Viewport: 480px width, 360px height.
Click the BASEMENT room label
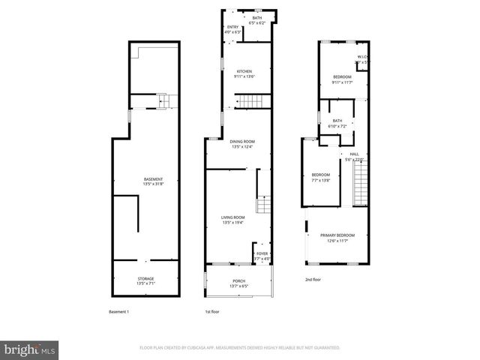[x=153, y=179]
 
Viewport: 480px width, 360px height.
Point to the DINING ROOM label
[x=242, y=141]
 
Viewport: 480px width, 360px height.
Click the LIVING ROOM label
[x=234, y=217]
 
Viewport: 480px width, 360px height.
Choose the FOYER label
[x=262, y=253]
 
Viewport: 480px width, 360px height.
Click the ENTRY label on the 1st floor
[x=232, y=28]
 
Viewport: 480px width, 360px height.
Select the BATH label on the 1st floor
[x=257, y=18]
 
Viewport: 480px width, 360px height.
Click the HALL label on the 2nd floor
[x=354, y=154]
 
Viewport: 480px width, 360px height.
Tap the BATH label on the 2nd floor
[x=337, y=121]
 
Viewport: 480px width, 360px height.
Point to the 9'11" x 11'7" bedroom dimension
[x=342, y=82]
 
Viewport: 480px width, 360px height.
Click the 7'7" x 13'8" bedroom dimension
[x=320, y=180]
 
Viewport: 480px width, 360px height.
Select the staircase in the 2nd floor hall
[x=361, y=185]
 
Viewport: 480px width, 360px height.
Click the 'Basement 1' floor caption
[x=119, y=311]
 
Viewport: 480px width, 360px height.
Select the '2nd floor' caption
[x=313, y=279]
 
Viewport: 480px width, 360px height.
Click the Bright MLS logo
[x=30, y=349]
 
